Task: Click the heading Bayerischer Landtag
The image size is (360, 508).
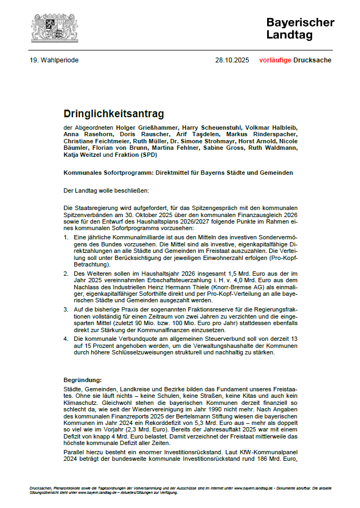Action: click(300, 28)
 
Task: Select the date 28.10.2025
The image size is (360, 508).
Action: click(232, 60)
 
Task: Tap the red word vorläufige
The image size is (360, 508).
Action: click(275, 60)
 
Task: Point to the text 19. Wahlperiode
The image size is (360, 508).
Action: click(54, 60)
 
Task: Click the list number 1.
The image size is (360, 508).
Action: click(66, 238)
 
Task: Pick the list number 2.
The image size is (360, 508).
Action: click(66, 274)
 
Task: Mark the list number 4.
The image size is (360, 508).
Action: click(66, 338)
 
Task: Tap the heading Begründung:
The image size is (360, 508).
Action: click(83, 380)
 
